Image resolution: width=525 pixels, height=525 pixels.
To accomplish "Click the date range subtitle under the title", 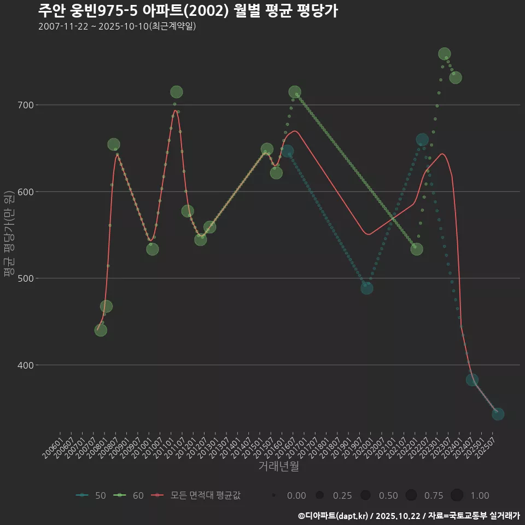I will tap(117, 27).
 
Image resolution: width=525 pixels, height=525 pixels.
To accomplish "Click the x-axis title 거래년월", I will tap(278, 466).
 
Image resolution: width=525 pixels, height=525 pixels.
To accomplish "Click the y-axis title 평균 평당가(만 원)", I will tap(8, 235).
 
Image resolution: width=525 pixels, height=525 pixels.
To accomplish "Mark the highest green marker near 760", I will tap(445, 54).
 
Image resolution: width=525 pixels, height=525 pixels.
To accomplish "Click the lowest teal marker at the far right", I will tap(498, 414).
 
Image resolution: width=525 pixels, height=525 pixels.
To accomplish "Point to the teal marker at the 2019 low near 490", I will tap(367, 288).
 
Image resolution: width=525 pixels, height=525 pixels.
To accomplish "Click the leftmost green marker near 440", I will tap(101, 330).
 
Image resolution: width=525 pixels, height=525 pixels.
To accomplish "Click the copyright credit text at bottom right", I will tap(409, 516).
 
